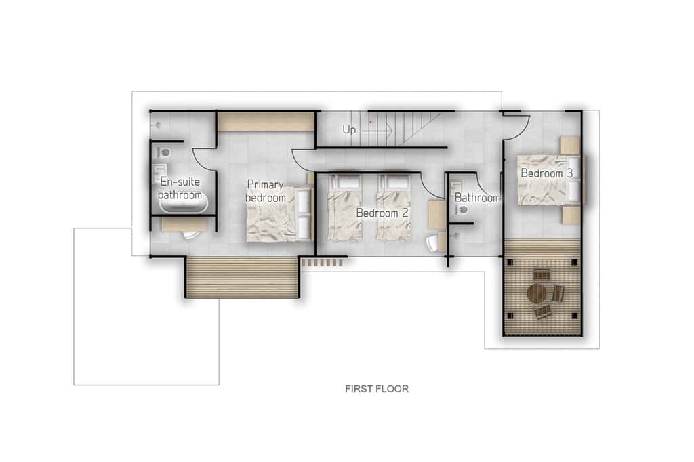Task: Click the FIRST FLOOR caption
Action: pos(377,389)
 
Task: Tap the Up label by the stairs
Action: pos(349,129)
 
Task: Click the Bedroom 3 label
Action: pos(547,173)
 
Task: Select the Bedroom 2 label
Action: pos(382,213)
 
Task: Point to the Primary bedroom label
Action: pos(266,191)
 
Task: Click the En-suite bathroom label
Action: pos(180,188)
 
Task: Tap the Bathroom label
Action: pos(477,198)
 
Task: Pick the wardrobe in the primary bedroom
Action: pos(266,121)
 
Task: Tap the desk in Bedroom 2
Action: pos(437,215)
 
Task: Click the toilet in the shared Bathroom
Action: pos(462,210)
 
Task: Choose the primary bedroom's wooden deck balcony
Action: pos(242,278)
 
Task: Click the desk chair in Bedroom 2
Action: pos(433,243)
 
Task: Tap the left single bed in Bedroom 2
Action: pos(344,208)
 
